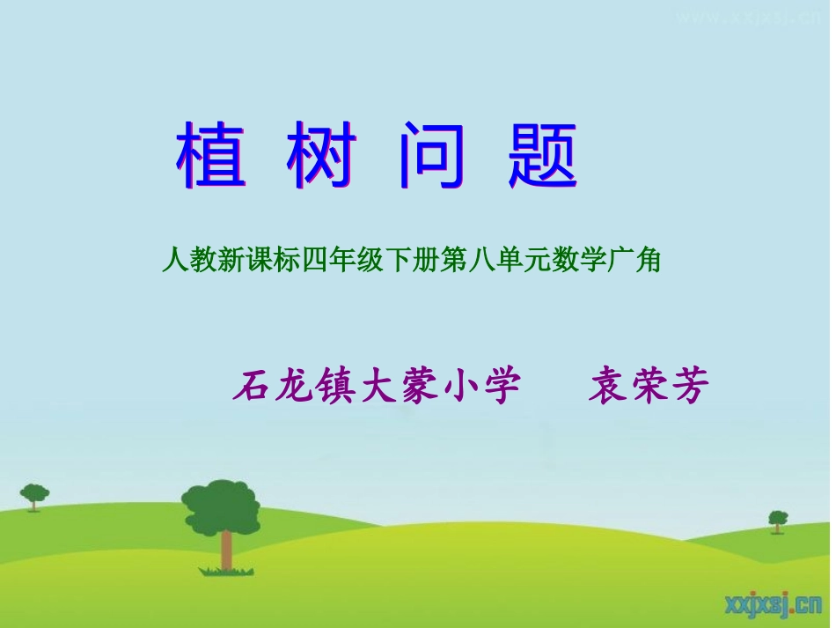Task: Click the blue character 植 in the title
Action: click(x=211, y=157)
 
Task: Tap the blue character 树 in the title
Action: click(x=321, y=157)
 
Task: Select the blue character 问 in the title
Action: click(x=431, y=157)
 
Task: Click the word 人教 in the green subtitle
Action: click(x=185, y=261)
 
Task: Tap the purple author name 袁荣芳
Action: click(x=649, y=386)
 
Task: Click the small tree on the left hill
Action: click(x=34, y=496)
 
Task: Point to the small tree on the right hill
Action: click(x=778, y=520)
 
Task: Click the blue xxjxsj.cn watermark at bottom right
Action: click(x=771, y=603)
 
